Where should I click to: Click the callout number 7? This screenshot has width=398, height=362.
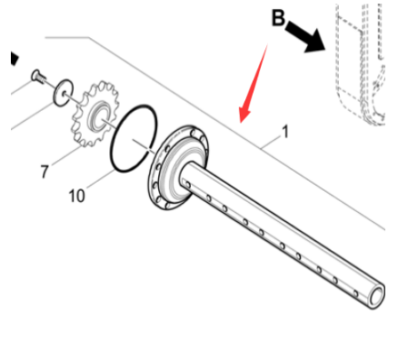(43, 169)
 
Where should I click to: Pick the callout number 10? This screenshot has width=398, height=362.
(76, 195)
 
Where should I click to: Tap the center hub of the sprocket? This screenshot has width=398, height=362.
(97, 116)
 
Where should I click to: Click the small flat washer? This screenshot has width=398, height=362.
(63, 90)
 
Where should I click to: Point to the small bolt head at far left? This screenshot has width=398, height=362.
(36, 76)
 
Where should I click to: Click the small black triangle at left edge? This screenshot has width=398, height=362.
(14, 58)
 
